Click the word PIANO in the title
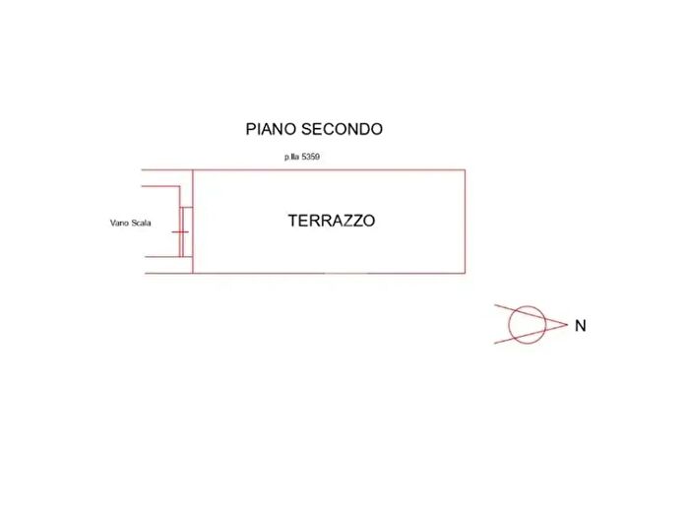point(271,129)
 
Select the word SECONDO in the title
point(342,129)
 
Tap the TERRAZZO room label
point(332,221)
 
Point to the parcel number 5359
point(310,157)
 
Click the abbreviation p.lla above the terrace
point(291,157)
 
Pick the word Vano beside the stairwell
point(119,223)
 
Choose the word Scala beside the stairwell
point(141,223)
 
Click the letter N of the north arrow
point(581,326)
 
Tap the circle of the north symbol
point(509,325)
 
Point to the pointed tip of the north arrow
point(567,324)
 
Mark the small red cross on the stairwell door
point(180,232)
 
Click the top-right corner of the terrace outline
point(465,169)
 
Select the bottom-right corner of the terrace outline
point(465,273)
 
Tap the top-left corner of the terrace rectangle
point(193,169)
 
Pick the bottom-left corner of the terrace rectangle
point(193,273)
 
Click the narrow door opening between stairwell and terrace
point(186,231)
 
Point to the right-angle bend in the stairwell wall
point(180,186)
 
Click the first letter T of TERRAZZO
point(292,221)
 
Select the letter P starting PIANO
point(250,129)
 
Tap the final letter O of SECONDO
point(377,129)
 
